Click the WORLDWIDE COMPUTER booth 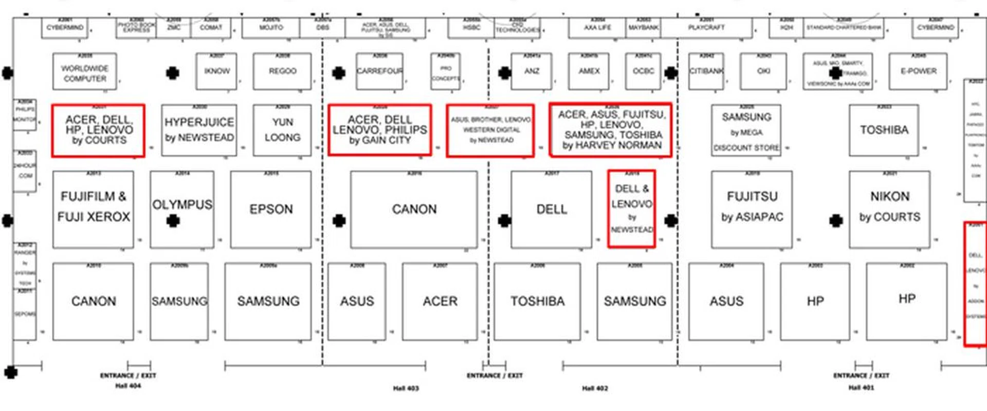pyautogui.click(x=85, y=72)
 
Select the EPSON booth pyautogui.click(x=271, y=209)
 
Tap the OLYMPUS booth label pyautogui.click(x=182, y=204)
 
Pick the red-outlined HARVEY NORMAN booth pyautogui.click(x=611, y=129)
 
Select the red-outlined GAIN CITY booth pyautogui.click(x=379, y=129)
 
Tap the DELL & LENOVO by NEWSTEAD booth pyautogui.click(x=631, y=209)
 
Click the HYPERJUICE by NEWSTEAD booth pyautogui.click(x=199, y=130)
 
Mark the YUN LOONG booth pyautogui.click(x=282, y=130)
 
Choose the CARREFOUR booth pyautogui.click(x=379, y=71)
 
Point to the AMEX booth pyautogui.click(x=589, y=71)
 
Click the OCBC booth pyautogui.click(x=643, y=71)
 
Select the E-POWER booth pyautogui.click(x=918, y=71)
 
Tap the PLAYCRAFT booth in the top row pyautogui.click(x=706, y=28)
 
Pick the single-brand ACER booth pyautogui.click(x=440, y=301)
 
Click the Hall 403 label pyautogui.click(x=406, y=388)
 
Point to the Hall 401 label pyautogui.click(x=861, y=388)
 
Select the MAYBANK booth pyautogui.click(x=643, y=28)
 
